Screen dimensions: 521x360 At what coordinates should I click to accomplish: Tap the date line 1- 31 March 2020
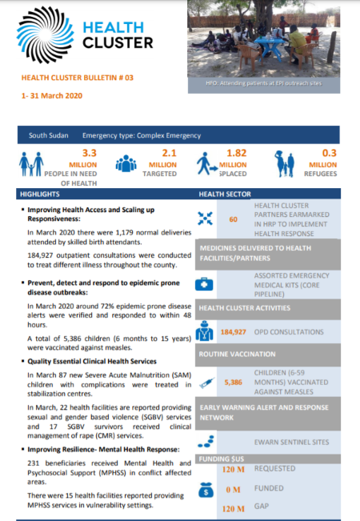[x=54, y=95]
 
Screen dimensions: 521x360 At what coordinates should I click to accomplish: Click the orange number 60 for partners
[x=234, y=219]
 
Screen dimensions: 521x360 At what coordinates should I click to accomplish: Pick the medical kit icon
[x=206, y=284]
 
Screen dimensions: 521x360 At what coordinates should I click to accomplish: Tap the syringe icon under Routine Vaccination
[x=206, y=383]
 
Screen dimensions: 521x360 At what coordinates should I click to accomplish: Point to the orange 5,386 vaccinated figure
[x=233, y=383]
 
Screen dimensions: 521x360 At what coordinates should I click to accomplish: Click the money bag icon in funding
[x=205, y=491]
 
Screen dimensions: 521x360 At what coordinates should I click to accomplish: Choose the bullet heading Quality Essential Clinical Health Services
[x=100, y=361]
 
